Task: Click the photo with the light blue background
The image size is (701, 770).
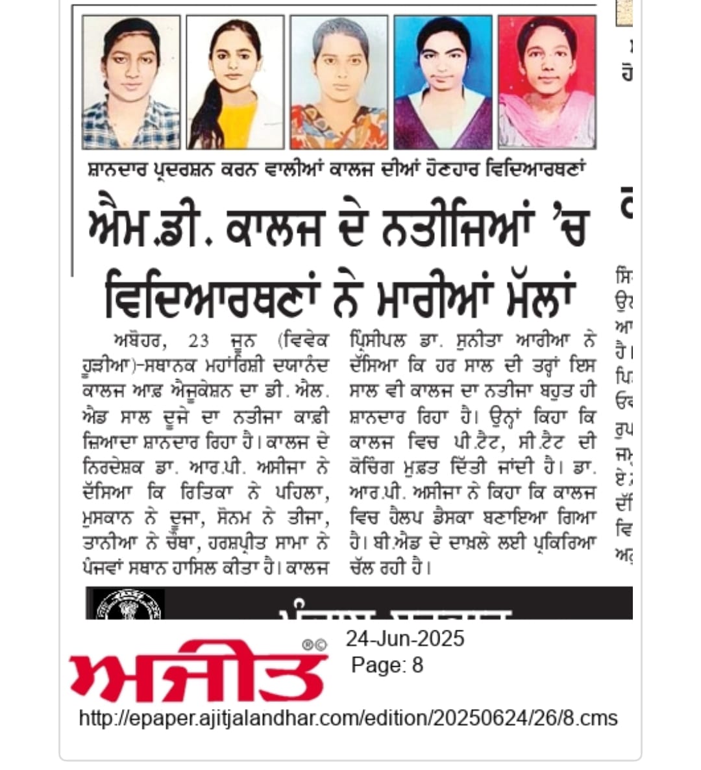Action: [443, 82]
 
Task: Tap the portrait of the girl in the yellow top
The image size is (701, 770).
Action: [235, 82]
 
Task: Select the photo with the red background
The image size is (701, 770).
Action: [547, 82]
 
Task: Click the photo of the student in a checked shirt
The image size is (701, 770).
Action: [131, 82]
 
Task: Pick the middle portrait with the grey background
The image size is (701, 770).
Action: [339, 82]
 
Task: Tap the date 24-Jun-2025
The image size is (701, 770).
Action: [404, 639]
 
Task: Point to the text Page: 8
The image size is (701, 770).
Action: [387, 665]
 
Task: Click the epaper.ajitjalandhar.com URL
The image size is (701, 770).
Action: [348, 718]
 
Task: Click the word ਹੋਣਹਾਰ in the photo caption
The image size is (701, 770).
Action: [472, 171]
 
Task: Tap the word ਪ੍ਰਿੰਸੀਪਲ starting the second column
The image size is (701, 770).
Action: [376, 340]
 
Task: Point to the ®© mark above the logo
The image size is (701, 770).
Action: [314, 644]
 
